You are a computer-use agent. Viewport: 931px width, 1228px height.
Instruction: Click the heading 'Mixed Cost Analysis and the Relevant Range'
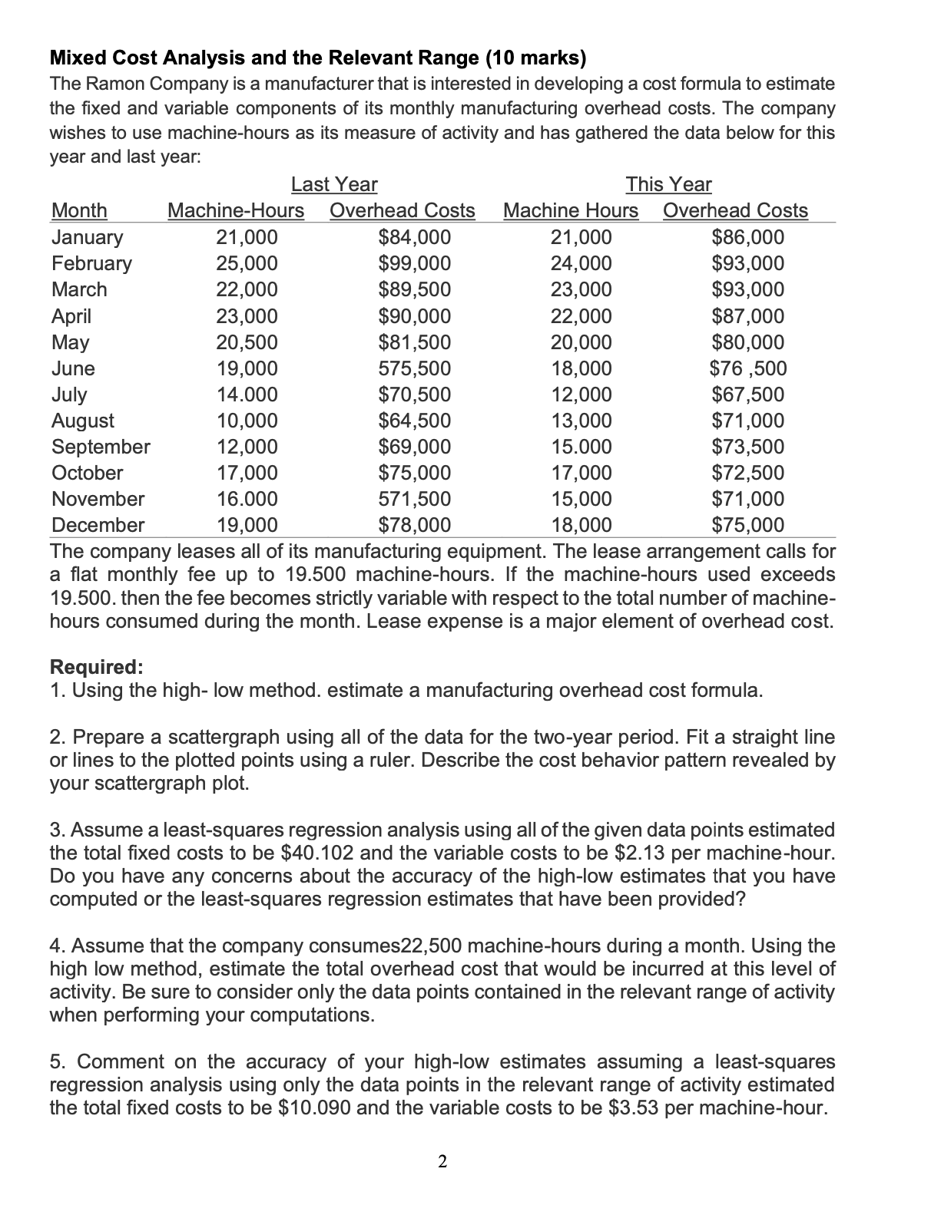317,58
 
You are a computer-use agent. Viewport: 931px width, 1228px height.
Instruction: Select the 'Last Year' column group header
334,184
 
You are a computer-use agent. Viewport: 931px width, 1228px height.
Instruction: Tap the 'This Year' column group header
668,184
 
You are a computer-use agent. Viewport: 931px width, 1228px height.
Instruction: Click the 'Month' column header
79,210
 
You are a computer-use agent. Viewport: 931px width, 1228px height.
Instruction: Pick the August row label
83,421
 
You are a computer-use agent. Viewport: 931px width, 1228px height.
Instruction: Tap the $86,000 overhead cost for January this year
748,237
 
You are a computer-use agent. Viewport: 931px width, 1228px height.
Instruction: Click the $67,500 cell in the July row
748,394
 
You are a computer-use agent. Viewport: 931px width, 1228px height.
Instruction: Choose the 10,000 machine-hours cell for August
247,421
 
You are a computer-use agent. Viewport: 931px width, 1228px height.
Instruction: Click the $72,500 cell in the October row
748,473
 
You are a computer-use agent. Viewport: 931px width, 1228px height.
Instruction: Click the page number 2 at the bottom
442,1162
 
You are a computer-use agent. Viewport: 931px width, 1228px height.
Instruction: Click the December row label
98,525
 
